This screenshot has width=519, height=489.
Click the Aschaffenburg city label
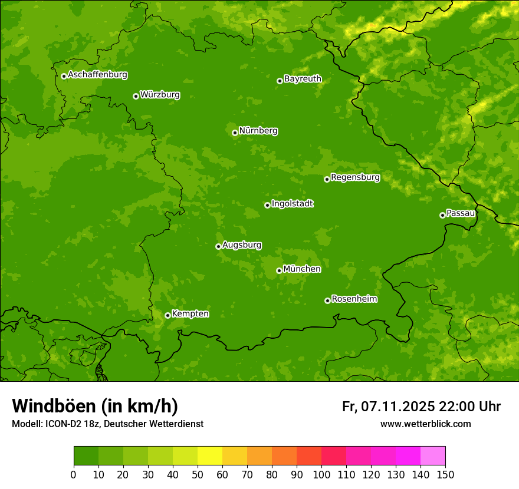click(x=97, y=75)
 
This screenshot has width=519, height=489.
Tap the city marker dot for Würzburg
click(x=136, y=96)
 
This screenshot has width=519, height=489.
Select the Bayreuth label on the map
click(x=303, y=79)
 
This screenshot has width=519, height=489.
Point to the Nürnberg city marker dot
click(x=235, y=133)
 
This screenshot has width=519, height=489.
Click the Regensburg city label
click(x=355, y=177)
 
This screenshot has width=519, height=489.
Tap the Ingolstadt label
click(x=292, y=204)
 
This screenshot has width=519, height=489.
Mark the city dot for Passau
click(x=442, y=215)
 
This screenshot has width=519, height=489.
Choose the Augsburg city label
click(x=242, y=245)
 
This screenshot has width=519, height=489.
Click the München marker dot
click(x=279, y=270)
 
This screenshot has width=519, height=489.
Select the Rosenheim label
click(x=354, y=299)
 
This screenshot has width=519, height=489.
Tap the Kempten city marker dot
click(x=167, y=315)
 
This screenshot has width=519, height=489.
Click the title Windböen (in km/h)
click(x=95, y=406)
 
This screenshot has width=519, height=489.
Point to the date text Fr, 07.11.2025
click(x=388, y=407)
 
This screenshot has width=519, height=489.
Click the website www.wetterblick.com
click(x=425, y=424)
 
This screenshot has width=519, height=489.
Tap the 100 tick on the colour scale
click(x=321, y=474)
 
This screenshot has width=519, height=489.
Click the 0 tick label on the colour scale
click(x=74, y=474)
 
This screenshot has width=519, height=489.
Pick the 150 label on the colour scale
click(x=445, y=474)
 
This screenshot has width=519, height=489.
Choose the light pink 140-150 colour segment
click(x=433, y=456)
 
